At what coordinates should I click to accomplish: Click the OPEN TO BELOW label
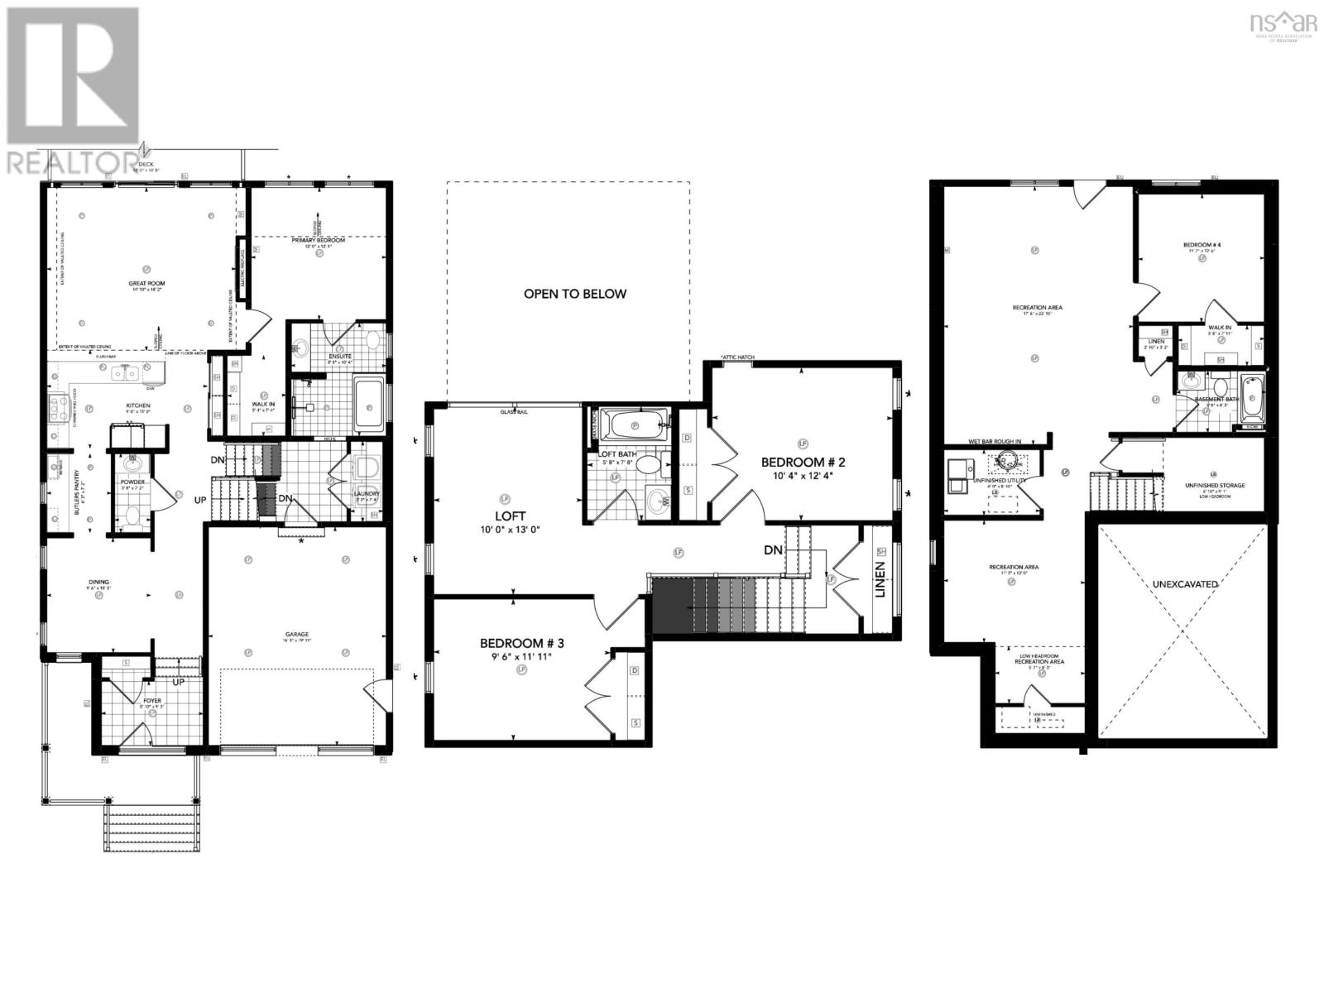[x=574, y=294]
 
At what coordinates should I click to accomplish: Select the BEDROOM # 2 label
[x=802, y=462]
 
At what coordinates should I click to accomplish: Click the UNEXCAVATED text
[x=1185, y=584]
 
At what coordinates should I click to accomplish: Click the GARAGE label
[x=298, y=635]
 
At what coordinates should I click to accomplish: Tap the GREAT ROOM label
[x=146, y=283]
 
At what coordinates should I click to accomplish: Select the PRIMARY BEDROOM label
[x=317, y=241]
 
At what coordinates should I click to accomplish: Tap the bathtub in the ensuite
[x=368, y=404]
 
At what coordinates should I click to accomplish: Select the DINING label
[x=99, y=582]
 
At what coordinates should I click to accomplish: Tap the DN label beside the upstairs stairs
[x=773, y=549]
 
